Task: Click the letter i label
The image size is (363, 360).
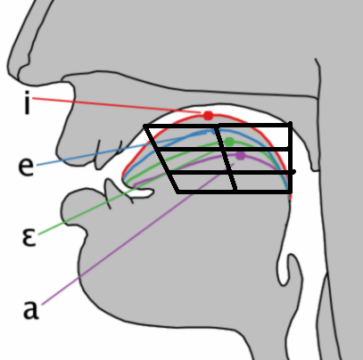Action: click(x=28, y=102)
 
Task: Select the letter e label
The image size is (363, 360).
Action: click(x=26, y=167)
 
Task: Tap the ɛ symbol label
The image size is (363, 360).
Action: click(x=29, y=237)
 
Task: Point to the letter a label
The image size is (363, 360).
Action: click(x=30, y=309)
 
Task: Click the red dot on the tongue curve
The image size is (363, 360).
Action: click(x=208, y=116)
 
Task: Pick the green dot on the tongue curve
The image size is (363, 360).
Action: click(x=229, y=142)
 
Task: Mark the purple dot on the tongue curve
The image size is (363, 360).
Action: click(x=240, y=155)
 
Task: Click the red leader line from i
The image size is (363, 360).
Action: click(x=117, y=105)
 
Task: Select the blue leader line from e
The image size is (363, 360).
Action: click(x=121, y=149)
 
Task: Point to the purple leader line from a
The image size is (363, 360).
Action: click(x=138, y=233)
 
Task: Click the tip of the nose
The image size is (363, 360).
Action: click(x=9, y=70)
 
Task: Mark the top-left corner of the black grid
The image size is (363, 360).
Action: click(x=144, y=127)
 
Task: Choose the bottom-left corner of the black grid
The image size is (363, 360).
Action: click(x=178, y=192)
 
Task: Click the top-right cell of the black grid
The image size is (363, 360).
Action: click(x=254, y=137)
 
